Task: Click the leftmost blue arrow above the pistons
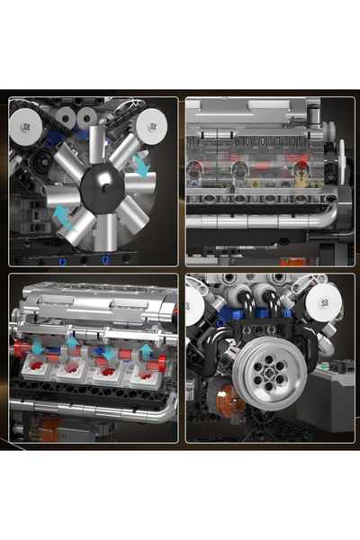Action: pyautogui.click(x=39, y=346)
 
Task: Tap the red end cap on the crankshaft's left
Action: pyautogui.click(x=20, y=347)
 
